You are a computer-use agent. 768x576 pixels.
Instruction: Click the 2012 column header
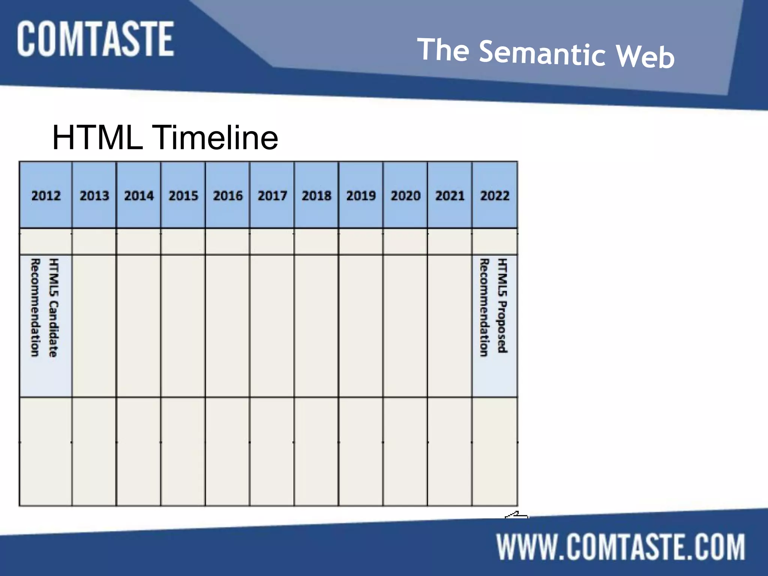[x=46, y=195]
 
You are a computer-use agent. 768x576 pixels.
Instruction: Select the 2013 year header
[x=94, y=195]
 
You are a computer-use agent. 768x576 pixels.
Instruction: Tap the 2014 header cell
[x=139, y=195]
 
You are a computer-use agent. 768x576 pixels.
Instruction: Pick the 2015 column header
[x=183, y=195]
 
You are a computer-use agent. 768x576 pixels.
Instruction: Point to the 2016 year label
[x=228, y=195]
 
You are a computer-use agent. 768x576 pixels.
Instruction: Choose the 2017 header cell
[x=272, y=195]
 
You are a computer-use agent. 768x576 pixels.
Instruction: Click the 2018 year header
[x=316, y=195]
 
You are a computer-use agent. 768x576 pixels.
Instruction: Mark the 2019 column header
[x=361, y=195]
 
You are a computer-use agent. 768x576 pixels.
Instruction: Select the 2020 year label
[x=405, y=195]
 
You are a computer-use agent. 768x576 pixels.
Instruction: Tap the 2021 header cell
[x=450, y=195]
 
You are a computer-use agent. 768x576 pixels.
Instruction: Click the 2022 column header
[x=495, y=195]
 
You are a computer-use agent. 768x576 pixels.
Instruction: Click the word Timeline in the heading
[x=216, y=138]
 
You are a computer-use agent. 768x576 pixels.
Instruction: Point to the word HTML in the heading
[x=97, y=138]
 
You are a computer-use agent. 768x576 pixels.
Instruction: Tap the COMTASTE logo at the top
[x=95, y=39]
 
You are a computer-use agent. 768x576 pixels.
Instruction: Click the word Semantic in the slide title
[x=542, y=54]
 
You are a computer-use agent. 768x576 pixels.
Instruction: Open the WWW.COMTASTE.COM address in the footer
[x=621, y=547]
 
